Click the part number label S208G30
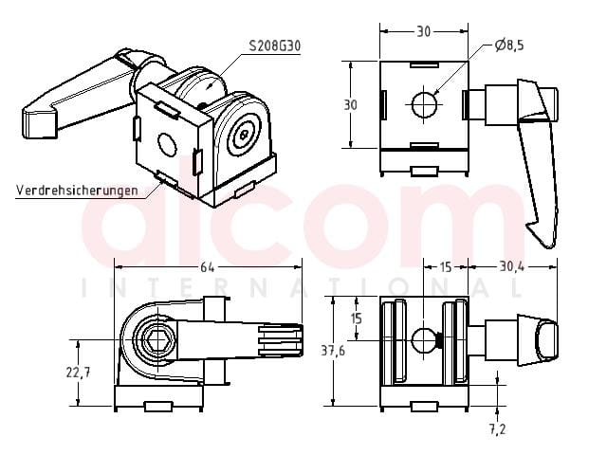pos(274,46)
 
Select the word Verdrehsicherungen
pos(77,190)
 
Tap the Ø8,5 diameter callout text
pos(509,45)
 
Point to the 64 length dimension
pos(207,267)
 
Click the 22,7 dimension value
pos(78,373)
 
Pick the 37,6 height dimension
pos(333,351)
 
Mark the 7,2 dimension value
pos(497,429)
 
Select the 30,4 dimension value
pos(511,266)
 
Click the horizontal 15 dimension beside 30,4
pos(446,267)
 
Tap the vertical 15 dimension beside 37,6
pos(357,318)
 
